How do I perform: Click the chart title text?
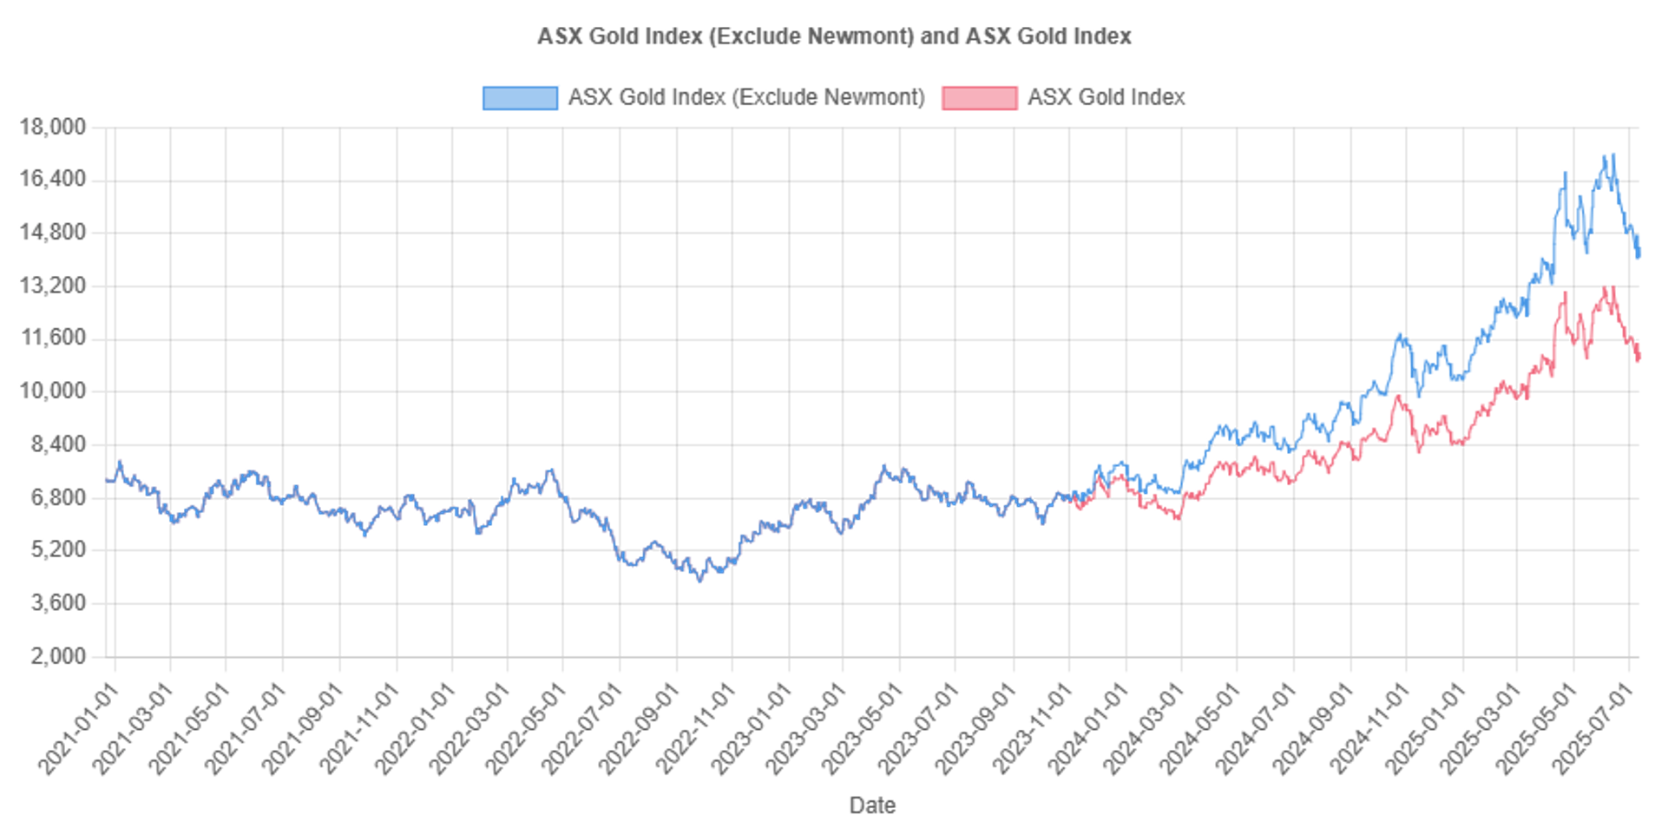[833, 36]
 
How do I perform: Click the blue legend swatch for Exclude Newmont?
[519, 98]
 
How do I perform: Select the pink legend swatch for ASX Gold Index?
[979, 98]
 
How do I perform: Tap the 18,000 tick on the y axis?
[53, 127]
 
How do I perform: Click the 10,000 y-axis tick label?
[53, 391]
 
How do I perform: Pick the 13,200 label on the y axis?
[53, 286]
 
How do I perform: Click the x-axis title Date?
[871, 805]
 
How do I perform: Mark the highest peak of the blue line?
[1612, 154]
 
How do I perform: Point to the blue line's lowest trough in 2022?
[700, 581]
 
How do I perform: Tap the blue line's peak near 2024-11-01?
[1400, 334]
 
